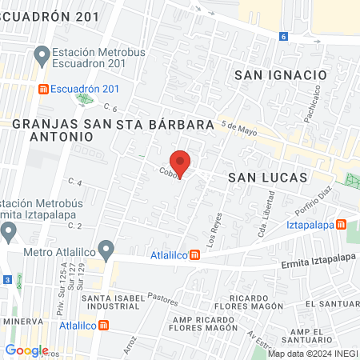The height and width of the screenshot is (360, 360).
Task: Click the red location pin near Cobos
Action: pyautogui.click(x=181, y=162)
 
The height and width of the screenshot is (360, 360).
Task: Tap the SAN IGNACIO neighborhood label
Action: pyautogui.click(x=280, y=74)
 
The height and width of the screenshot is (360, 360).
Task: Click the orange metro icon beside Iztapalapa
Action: pyautogui.click(x=342, y=225)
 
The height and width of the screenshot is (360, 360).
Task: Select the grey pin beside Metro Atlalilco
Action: pyautogui.click(x=10, y=233)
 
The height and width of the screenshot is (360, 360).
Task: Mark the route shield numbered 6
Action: pyautogui.click(x=283, y=37)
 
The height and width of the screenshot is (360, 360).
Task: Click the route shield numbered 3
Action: pyautogui.click(x=7, y=279)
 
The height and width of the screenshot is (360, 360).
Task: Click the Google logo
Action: pyautogui.click(x=27, y=350)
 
